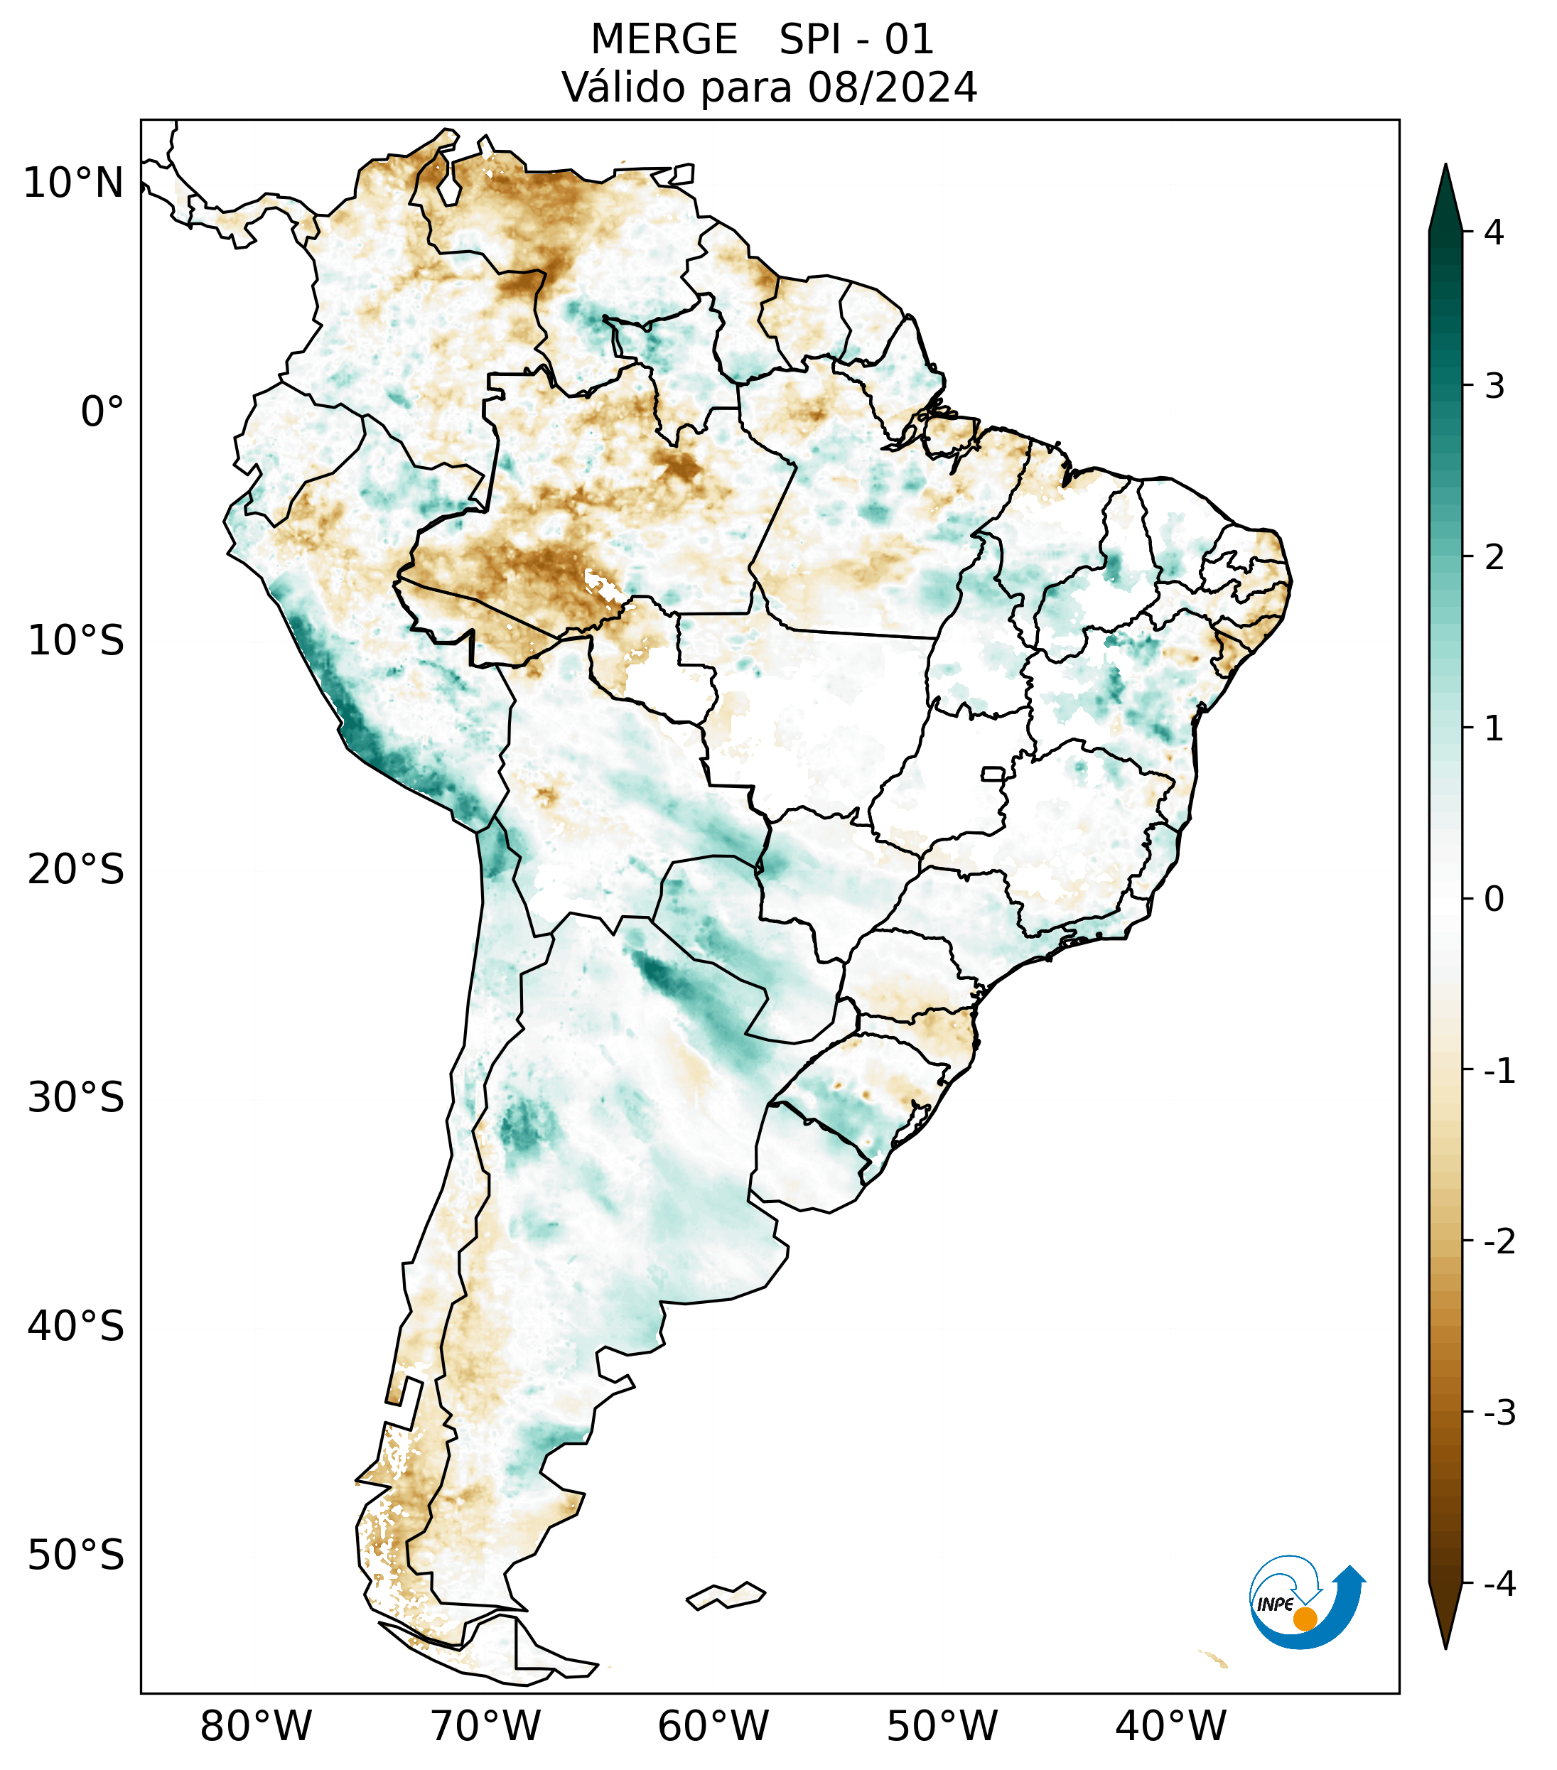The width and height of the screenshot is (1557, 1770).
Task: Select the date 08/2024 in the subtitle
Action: coord(892,87)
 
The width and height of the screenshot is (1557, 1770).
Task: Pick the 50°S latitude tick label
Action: coord(76,1555)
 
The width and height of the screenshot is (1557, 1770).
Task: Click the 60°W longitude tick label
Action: coord(713,1726)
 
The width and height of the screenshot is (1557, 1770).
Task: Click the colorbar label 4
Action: coord(1494,232)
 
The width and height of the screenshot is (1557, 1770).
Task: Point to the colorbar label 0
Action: coord(1494,899)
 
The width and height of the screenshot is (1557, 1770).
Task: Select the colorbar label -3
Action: coord(1499,1413)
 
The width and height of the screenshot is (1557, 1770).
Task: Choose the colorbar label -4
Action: coord(1499,1584)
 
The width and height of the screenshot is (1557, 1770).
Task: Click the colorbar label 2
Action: coord(1494,557)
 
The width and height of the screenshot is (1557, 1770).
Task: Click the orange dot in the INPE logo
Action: coord(1304,1619)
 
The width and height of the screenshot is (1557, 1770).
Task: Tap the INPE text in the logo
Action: coord(1275,1604)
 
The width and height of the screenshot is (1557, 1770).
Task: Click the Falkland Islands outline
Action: coord(726,1595)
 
